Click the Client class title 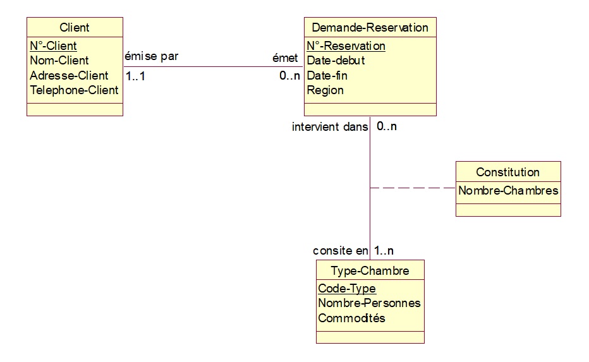(74, 27)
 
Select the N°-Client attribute (53, 45)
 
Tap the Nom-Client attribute (59, 61)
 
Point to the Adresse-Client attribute (69, 75)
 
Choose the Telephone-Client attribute (74, 90)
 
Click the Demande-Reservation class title (370, 27)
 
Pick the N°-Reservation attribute (346, 45)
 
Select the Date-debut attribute (336, 61)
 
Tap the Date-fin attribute (327, 75)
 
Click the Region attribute (325, 90)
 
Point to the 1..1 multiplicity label (135, 76)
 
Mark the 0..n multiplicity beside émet (289, 76)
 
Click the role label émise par (152, 56)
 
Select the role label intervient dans (329, 127)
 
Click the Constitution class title (507, 172)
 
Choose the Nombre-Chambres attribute (508, 190)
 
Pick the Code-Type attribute (346, 289)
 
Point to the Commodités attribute (351, 318)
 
